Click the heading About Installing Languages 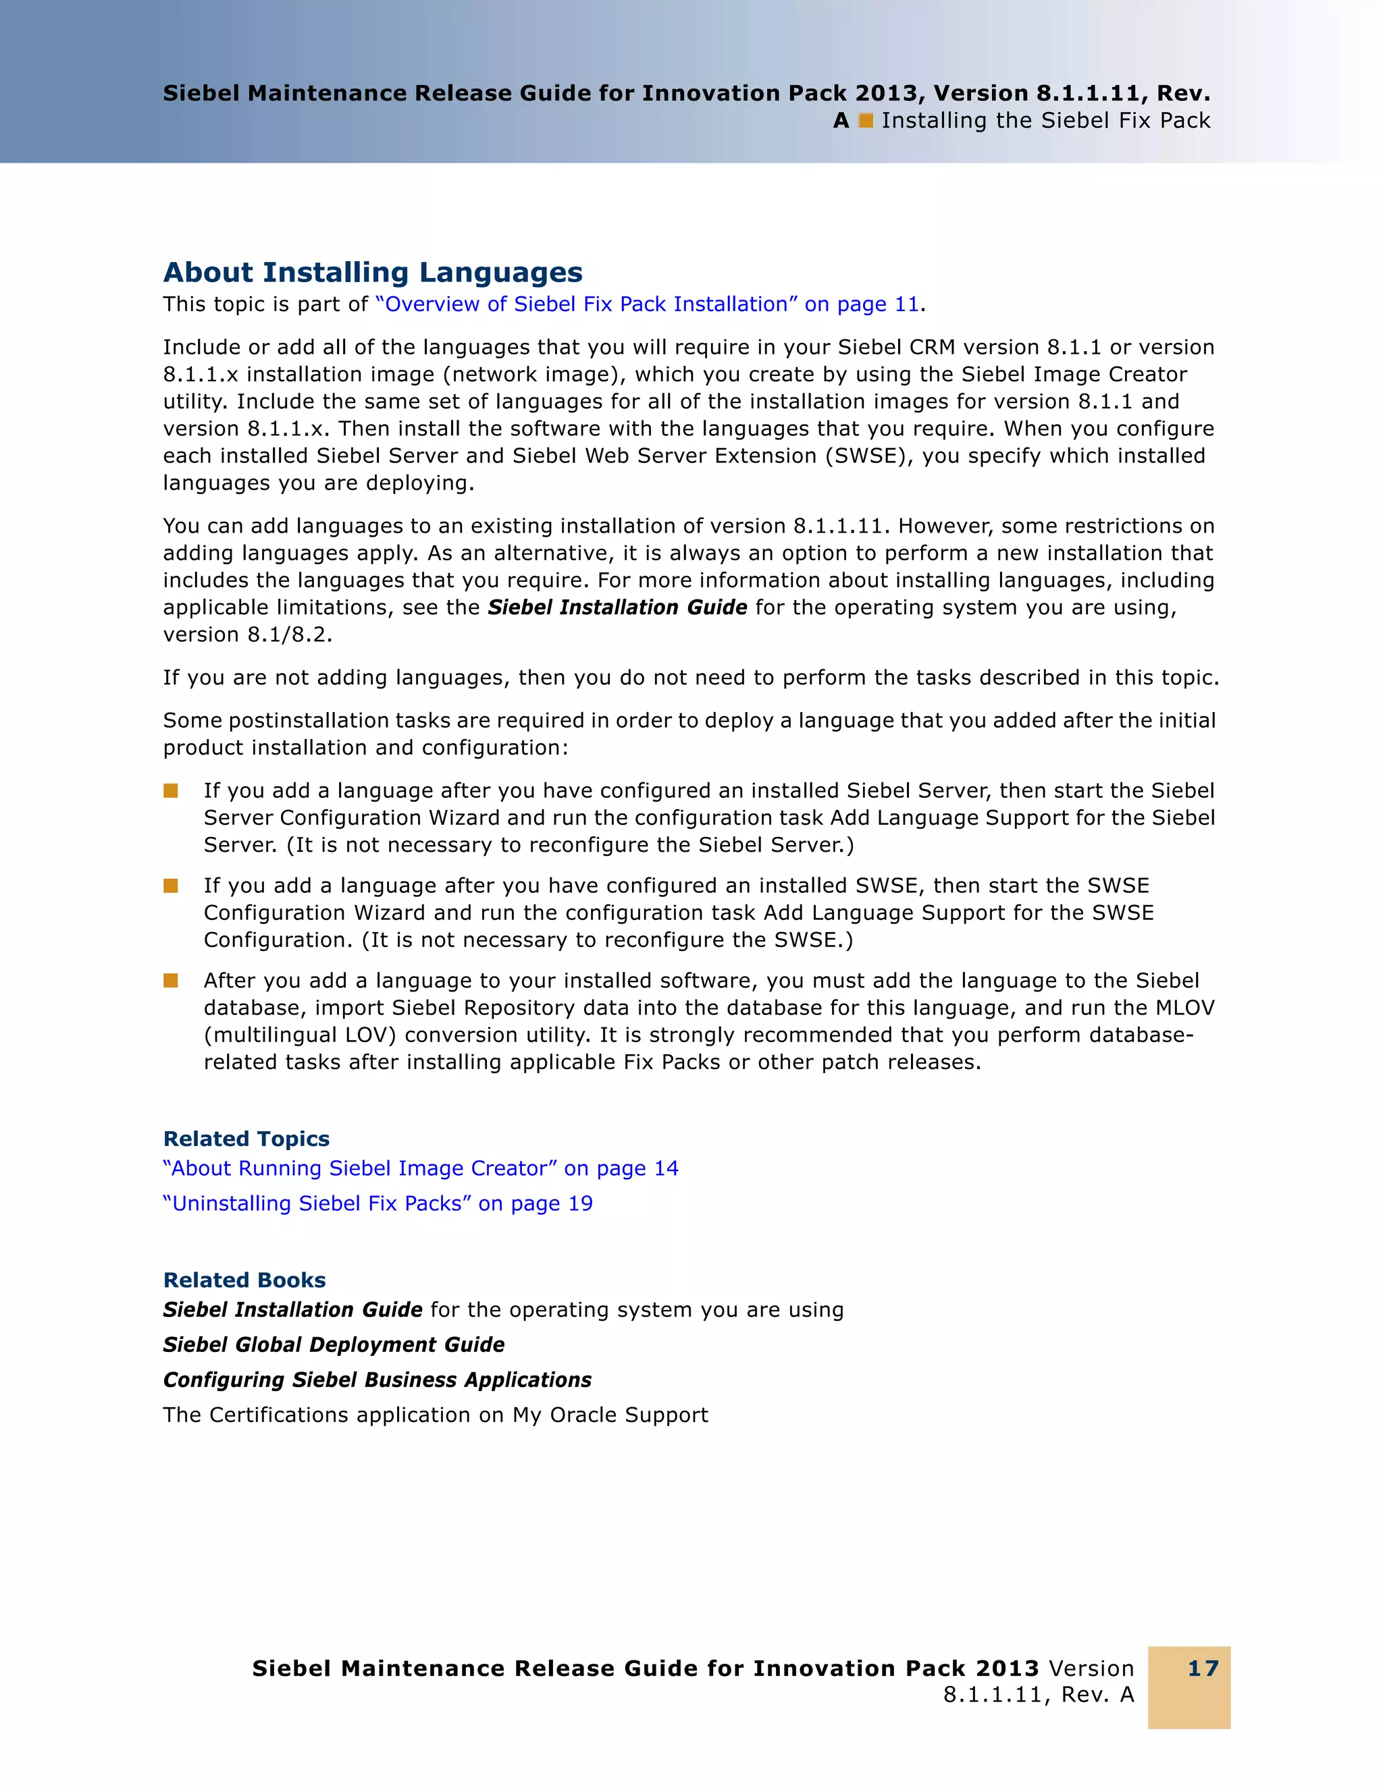point(373,273)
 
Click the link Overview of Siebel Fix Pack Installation point(647,304)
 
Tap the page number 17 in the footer point(1203,1668)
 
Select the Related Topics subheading point(246,1139)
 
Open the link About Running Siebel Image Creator point(420,1168)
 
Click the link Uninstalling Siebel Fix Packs point(377,1203)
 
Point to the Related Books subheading point(244,1280)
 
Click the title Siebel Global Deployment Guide point(333,1345)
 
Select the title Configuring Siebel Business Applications point(377,1380)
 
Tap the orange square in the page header point(865,121)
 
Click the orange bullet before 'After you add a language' point(171,981)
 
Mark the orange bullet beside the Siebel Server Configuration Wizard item point(171,790)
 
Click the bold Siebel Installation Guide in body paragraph point(617,607)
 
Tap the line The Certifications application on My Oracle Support point(435,1415)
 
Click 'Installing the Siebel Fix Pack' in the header point(1045,121)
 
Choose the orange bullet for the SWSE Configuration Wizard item point(171,886)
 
